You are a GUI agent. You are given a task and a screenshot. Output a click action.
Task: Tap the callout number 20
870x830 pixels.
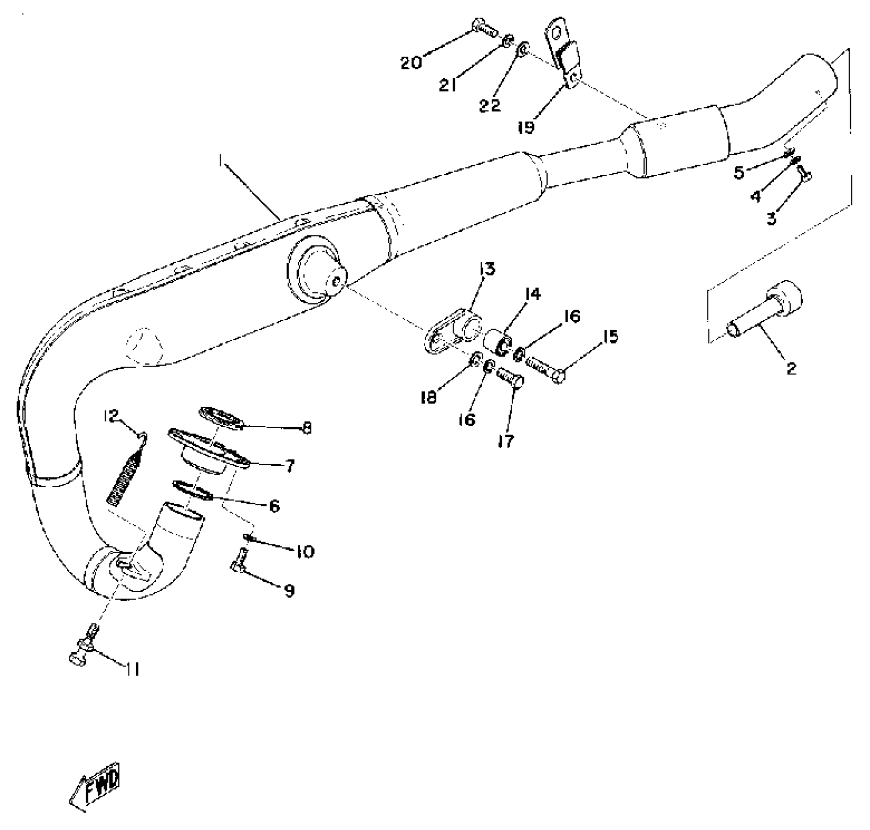[x=411, y=63]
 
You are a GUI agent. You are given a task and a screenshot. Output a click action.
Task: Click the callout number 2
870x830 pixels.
[x=791, y=368]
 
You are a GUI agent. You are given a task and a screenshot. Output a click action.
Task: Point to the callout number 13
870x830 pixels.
[x=487, y=269]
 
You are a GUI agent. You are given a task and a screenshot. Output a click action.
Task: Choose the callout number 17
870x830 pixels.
[x=506, y=441]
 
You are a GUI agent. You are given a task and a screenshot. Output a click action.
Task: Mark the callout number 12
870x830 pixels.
[x=111, y=416]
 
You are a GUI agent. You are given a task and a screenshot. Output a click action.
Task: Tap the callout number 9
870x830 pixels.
[x=289, y=591]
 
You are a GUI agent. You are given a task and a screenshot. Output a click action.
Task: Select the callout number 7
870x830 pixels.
[x=290, y=466]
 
